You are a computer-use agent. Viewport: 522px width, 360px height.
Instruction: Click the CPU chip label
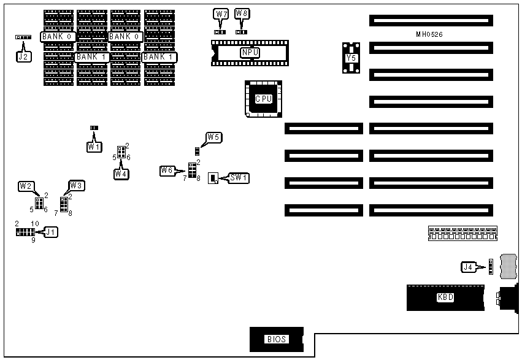point(264,99)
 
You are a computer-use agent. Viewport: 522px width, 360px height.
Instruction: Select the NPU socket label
point(250,53)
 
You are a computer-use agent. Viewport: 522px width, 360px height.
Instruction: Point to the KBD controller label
point(446,297)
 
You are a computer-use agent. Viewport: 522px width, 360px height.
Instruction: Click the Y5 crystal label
point(351,58)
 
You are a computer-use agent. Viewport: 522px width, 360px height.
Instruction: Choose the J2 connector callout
point(23,56)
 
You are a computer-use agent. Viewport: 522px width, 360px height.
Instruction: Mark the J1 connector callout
point(50,232)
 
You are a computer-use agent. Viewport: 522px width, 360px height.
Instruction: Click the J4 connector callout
point(468,266)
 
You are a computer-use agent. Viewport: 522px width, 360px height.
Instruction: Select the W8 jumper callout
point(242,13)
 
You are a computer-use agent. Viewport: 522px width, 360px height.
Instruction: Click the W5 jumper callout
point(213,137)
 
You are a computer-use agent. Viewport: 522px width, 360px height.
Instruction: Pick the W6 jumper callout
point(167,170)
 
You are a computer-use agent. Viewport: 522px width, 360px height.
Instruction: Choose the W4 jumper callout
point(121,173)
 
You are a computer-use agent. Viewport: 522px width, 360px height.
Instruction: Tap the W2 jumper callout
point(26,185)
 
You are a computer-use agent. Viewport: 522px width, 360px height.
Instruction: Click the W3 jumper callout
point(76,185)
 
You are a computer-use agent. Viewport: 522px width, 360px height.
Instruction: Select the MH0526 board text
point(429,34)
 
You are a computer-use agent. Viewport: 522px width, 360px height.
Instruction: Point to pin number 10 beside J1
point(35,223)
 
